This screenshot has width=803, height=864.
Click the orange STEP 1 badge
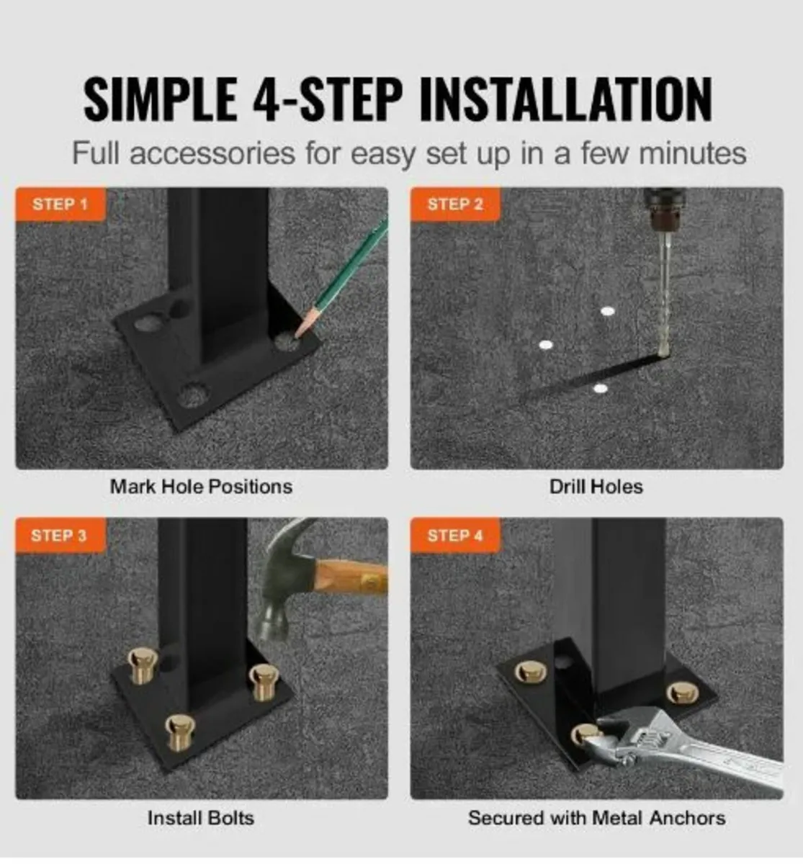click(60, 204)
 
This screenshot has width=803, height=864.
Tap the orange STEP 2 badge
click(455, 204)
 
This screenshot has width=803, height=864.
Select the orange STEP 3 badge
click(60, 536)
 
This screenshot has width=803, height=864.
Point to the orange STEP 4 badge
click(455, 536)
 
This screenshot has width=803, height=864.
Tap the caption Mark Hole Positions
click(201, 487)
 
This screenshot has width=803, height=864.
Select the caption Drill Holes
click(596, 487)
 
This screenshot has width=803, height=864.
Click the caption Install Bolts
click(201, 818)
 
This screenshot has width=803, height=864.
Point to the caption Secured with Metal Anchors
click(596, 818)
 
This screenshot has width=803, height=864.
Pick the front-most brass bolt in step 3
click(179, 731)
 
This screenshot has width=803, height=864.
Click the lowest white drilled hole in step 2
click(599, 389)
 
